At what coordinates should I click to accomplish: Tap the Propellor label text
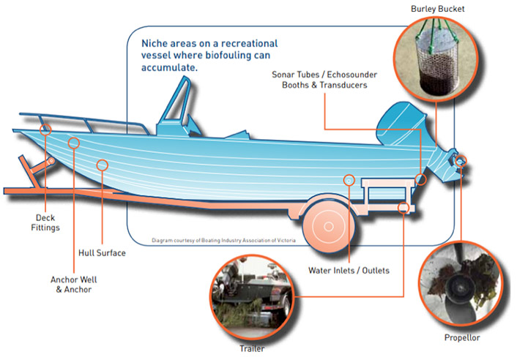(462, 338)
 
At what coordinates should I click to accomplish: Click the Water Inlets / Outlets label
(349, 270)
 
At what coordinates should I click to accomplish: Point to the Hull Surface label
(102, 253)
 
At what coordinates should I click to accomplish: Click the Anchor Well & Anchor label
(75, 284)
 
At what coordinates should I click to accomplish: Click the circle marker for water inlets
(349, 179)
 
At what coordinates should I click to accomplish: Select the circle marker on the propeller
(461, 160)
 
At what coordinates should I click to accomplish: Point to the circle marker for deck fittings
(47, 129)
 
